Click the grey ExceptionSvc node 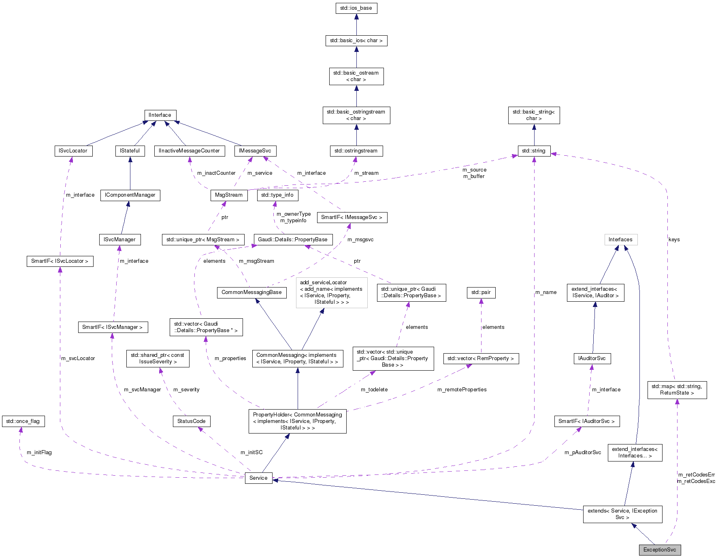pos(660,550)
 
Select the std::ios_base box pos(356,8)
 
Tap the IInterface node pos(160,115)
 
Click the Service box pos(258,478)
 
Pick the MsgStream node pos(229,195)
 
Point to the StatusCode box pos(191,421)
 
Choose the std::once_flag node pos(23,421)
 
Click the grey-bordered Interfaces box pos(620,240)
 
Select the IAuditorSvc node pos(592,358)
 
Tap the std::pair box pos(481,292)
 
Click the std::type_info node pos(277,195)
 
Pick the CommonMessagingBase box pos(251,292)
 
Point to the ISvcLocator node pos(73,151)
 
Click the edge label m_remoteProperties pos(462,390)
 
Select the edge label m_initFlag pos(39,453)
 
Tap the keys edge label pos(674,240)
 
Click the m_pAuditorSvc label pos(582,453)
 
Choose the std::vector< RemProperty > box pos(481,358)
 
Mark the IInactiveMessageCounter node pos(189,151)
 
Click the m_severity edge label pos(186,390)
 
